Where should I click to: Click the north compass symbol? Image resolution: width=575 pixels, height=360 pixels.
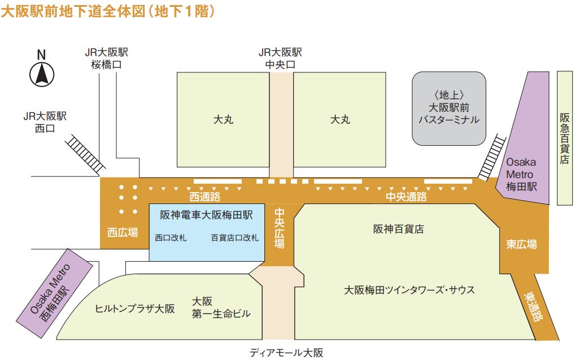(41, 74)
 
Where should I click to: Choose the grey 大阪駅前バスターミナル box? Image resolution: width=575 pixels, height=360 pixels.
(448, 107)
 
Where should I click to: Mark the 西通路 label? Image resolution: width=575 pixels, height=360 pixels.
(204, 197)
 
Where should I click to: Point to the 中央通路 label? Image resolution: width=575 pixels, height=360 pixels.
(406, 197)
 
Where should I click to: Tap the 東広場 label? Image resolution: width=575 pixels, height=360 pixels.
(521, 244)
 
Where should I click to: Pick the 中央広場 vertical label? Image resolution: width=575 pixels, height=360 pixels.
(280, 228)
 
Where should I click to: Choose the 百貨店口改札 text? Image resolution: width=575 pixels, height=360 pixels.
(234, 238)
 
